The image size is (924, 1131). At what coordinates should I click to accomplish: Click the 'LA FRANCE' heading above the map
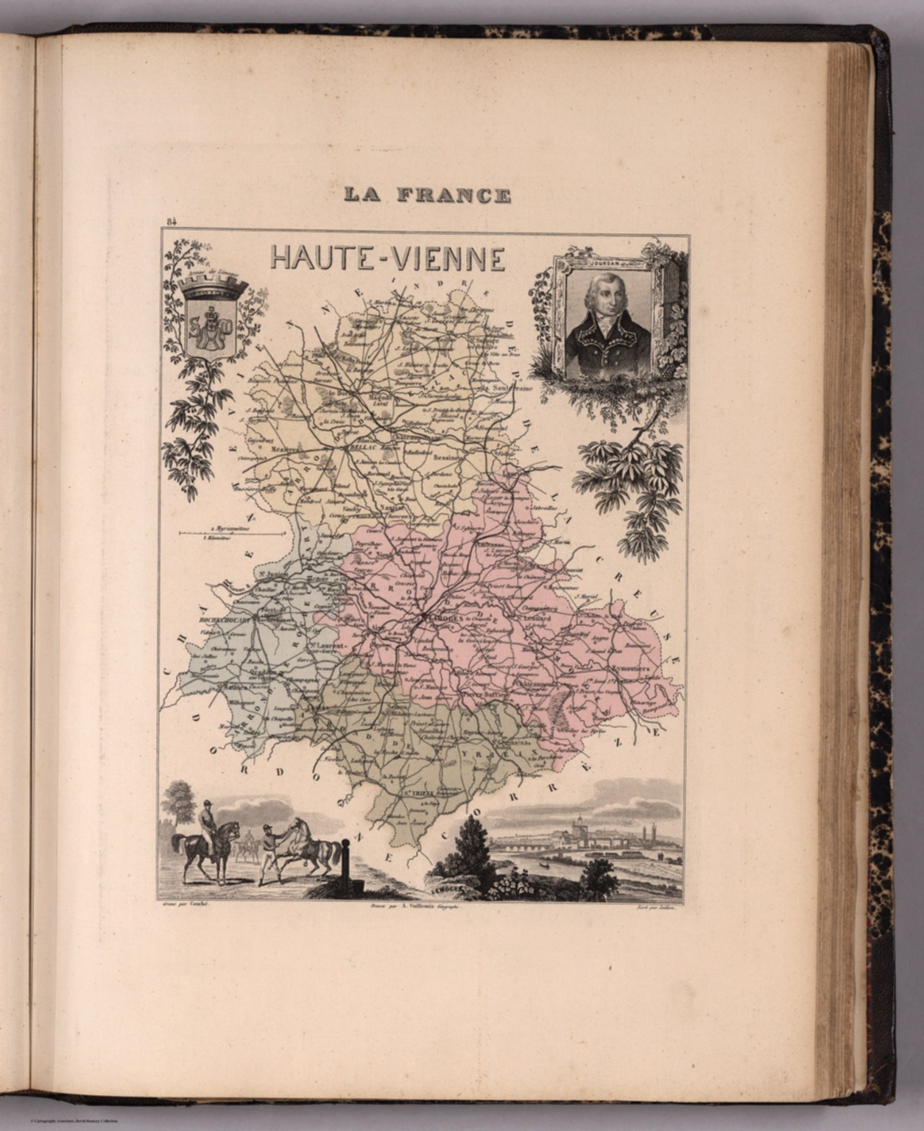pyautogui.click(x=427, y=195)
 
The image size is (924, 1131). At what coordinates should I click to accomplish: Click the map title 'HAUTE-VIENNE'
pyautogui.click(x=387, y=258)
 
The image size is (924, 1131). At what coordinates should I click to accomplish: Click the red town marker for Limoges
pyautogui.click(x=425, y=616)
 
